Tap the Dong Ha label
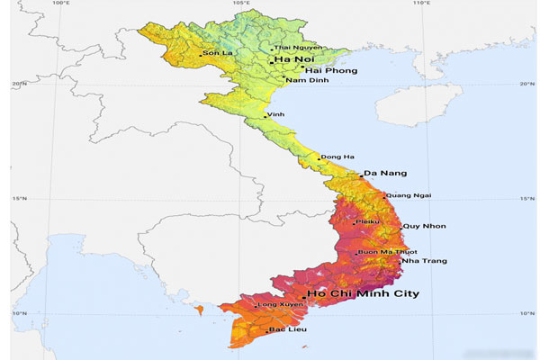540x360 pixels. [337, 157]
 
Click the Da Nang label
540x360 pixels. [386, 173]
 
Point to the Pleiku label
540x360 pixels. [368, 221]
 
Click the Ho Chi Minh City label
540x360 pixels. [364, 293]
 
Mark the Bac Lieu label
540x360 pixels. [289, 331]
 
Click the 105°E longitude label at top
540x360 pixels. [241, 4]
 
